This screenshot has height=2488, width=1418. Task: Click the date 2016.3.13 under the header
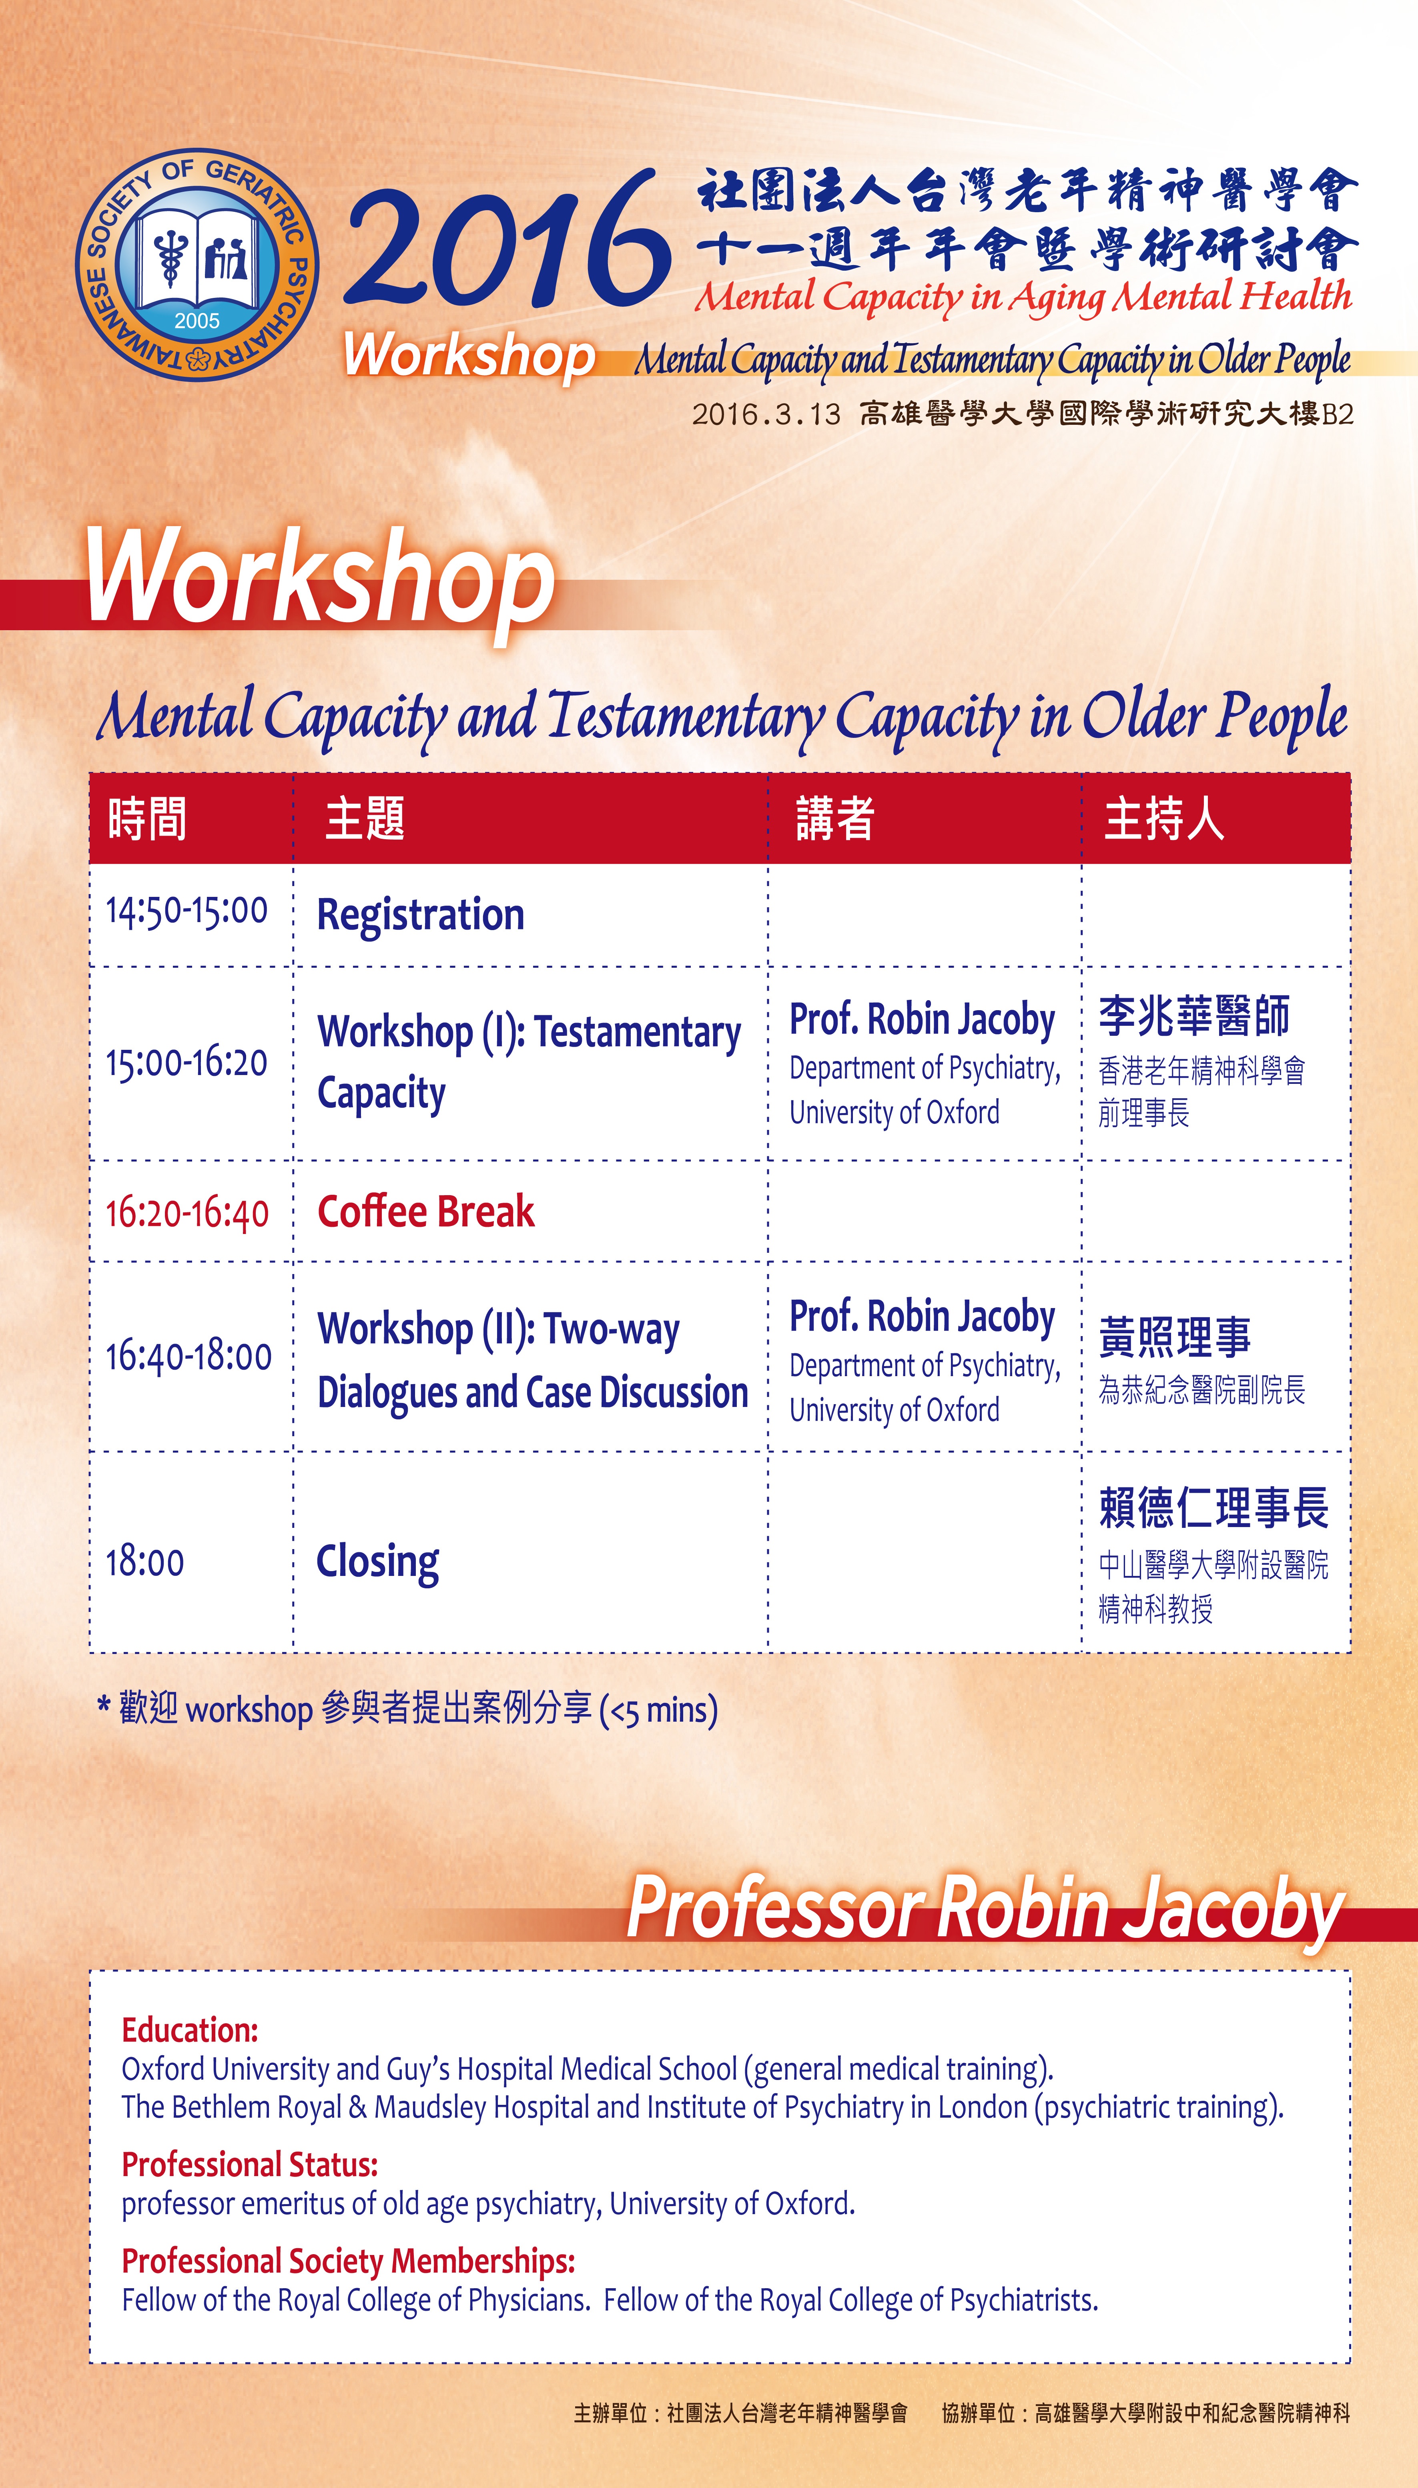[766, 414]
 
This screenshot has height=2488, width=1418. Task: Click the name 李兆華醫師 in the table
[1194, 1016]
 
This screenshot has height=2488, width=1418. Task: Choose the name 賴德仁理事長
[1213, 1507]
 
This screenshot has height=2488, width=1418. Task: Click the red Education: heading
[190, 2030]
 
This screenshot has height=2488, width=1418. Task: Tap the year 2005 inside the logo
[198, 320]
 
